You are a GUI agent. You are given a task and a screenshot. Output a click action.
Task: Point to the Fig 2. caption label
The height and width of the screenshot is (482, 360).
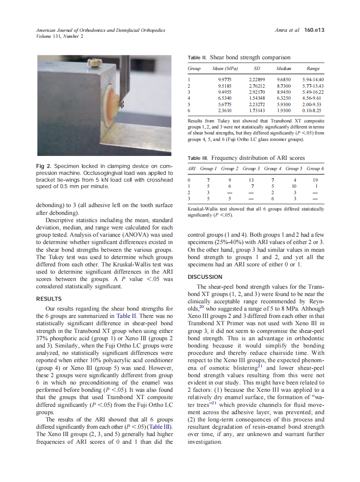[44, 166]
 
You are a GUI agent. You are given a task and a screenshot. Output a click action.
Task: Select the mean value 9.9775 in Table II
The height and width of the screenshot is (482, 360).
[225, 80]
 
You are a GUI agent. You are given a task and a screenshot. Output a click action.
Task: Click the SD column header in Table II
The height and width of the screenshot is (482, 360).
[257, 69]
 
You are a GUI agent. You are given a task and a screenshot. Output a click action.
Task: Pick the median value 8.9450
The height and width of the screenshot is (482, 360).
[284, 92]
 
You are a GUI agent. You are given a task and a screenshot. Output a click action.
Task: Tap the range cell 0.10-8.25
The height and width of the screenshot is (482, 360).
[312, 110]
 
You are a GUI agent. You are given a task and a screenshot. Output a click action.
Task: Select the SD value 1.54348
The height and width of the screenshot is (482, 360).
[257, 98]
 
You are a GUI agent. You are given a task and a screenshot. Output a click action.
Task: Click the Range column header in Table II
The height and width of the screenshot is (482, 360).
[313, 69]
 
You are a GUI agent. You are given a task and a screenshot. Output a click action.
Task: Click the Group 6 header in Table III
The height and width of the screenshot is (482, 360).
[315, 169]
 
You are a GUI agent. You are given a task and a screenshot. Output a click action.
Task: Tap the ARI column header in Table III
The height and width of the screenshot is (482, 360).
[192, 169]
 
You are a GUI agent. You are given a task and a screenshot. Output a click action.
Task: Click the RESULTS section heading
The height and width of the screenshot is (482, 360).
[49, 299]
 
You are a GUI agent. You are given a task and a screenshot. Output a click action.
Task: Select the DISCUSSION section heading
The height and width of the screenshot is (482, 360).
[205, 277]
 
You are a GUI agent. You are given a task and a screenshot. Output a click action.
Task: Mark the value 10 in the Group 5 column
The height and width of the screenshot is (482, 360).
[294, 186]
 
